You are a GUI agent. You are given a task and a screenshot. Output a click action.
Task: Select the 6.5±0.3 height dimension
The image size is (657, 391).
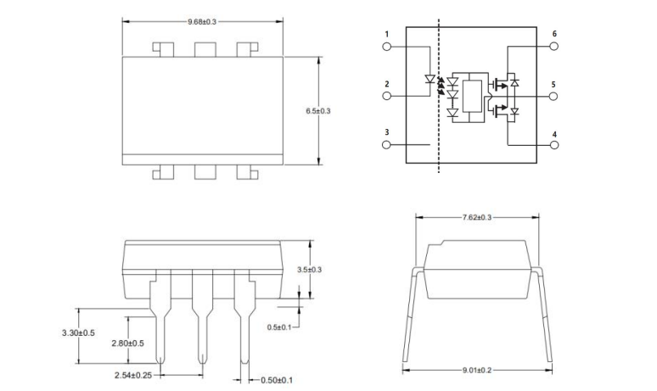[x=318, y=111]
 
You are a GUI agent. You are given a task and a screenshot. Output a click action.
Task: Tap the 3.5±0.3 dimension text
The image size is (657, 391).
[x=311, y=270]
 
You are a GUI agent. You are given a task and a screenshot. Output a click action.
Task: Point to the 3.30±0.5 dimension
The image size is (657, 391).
[x=79, y=333]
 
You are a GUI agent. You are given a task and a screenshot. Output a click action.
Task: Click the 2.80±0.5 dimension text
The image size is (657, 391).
[x=128, y=343]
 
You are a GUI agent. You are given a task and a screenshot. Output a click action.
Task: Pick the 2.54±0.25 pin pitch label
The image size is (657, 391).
[x=133, y=374]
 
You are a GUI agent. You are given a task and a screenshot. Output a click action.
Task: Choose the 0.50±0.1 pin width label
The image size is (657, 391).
[x=276, y=380]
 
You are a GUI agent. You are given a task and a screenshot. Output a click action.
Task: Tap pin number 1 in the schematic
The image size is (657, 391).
[x=386, y=35]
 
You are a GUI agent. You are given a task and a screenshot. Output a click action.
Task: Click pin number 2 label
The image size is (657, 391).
[x=386, y=84]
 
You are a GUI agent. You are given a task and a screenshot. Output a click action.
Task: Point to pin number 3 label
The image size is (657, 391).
[x=386, y=132]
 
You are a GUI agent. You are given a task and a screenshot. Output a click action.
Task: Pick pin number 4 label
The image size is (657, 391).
[x=553, y=134]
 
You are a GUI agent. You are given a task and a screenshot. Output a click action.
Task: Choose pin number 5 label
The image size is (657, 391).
[x=553, y=85]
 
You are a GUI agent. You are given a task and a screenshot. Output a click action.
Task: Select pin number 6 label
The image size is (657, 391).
[x=553, y=35]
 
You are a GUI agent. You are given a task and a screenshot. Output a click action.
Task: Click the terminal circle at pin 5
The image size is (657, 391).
[x=553, y=97]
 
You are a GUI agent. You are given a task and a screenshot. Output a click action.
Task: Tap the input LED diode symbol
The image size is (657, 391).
[x=430, y=81]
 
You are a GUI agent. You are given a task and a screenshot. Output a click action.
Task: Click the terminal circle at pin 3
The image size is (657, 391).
[x=387, y=145]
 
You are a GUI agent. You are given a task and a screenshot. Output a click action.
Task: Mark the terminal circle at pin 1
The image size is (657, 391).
[x=387, y=47]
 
